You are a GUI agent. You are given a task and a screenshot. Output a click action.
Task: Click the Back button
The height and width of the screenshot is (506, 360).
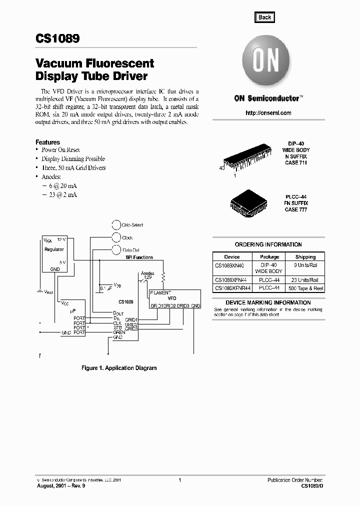(x=264, y=17)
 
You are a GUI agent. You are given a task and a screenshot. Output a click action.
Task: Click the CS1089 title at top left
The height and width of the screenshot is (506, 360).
(x=57, y=39)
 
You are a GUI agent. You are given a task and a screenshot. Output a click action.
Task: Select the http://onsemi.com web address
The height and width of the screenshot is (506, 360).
(x=268, y=113)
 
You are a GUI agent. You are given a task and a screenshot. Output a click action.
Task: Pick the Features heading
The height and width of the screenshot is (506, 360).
(x=47, y=142)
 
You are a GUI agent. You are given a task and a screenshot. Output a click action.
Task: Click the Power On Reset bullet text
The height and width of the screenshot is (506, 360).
(x=60, y=150)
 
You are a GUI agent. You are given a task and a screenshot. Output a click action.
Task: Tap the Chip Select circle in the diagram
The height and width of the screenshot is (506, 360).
(x=116, y=225)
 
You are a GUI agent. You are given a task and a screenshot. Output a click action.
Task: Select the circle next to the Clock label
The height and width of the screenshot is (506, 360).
(x=116, y=237)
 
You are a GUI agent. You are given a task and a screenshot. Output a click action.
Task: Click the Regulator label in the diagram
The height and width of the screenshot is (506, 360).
(x=54, y=249)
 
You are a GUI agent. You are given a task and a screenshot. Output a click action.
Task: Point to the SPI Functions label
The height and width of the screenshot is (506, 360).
(x=139, y=257)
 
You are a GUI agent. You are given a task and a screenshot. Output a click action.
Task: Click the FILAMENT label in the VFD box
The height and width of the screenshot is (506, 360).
(x=160, y=293)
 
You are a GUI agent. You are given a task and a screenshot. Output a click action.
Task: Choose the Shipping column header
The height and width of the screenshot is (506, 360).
(x=305, y=256)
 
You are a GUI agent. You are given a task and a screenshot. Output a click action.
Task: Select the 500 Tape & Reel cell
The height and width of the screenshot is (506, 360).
(x=305, y=288)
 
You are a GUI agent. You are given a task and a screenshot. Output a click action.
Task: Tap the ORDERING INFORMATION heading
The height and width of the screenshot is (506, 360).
(x=268, y=244)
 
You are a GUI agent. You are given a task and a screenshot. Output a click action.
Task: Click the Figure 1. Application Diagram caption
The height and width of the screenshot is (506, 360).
(x=119, y=368)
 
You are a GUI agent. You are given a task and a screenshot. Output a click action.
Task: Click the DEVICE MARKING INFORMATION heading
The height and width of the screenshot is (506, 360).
(x=268, y=302)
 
